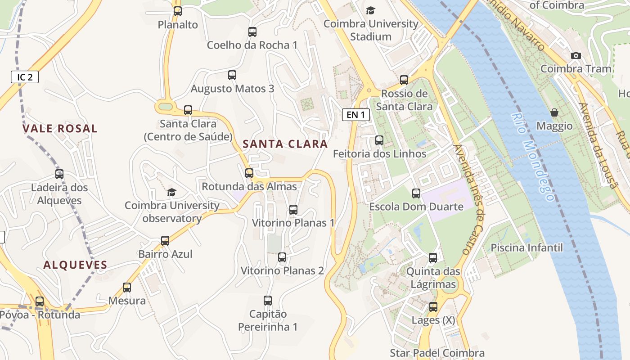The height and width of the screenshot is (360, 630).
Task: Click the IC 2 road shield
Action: click(x=25, y=77)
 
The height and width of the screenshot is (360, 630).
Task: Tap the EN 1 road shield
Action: click(x=355, y=115)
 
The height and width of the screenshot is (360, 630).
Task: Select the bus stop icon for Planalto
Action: click(x=178, y=11)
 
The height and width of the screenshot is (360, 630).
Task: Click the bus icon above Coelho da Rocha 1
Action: click(x=252, y=32)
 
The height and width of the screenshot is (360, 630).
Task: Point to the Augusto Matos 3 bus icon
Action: click(x=232, y=75)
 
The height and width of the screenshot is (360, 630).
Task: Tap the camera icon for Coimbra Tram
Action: click(x=576, y=55)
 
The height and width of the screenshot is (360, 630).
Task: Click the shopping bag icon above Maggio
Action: click(x=554, y=112)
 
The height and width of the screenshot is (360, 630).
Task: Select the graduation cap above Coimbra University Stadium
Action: click(x=370, y=10)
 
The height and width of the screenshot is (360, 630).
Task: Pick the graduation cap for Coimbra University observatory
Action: click(x=171, y=193)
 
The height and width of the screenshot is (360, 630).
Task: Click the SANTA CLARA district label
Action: click(x=285, y=144)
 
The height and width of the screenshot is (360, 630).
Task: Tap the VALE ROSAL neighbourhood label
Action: click(x=60, y=129)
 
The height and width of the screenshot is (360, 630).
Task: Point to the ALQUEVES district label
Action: click(x=75, y=265)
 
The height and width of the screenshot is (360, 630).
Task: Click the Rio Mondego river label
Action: click(x=532, y=157)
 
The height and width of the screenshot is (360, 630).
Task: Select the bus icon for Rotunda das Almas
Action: click(x=249, y=173)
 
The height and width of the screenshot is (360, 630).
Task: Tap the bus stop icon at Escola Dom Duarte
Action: click(x=416, y=193)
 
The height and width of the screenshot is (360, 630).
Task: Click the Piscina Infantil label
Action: click(x=526, y=247)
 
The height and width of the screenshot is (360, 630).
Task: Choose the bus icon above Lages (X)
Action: click(x=433, y=307)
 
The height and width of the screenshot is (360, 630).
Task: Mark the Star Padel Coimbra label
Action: click(x=437, y=353)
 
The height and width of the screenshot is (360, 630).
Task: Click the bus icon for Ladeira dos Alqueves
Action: click(x=59, y=174)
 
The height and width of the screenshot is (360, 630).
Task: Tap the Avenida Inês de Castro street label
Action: click(x=469, y=199)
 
